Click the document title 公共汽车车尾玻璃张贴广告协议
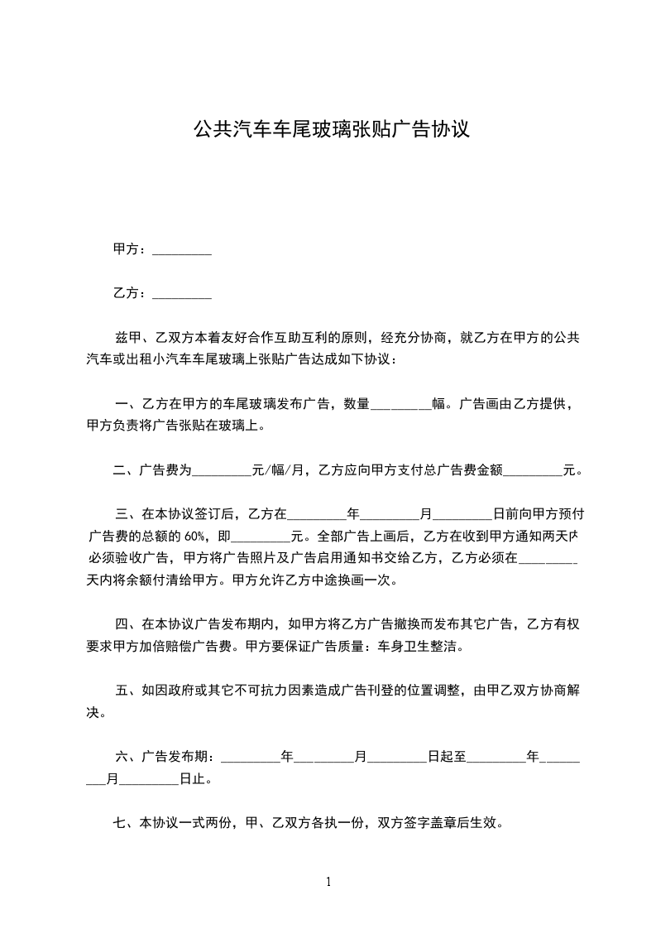(x=331, y=129)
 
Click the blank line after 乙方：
(x=182, y=293)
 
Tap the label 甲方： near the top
(x=131, y=249)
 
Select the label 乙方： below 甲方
(x=131, y=292)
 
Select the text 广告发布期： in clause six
(x=176, y=756)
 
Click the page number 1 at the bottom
(x=328, y=882)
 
